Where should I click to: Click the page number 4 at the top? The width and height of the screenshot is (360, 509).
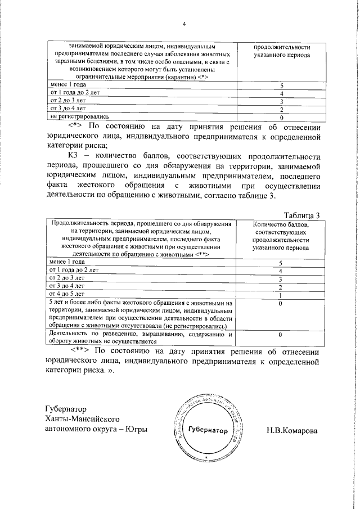(x=183, y=23)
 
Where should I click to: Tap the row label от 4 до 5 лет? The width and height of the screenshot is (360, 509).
(x=67, y=294)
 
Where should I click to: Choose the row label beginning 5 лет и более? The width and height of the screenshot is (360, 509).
(x=140, y=314)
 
